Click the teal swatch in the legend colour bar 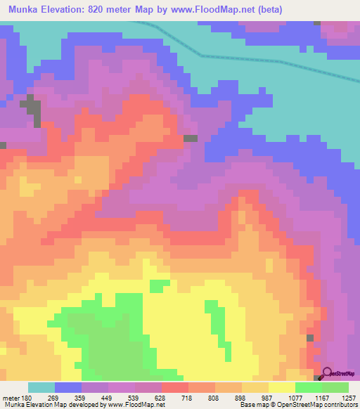point(41,387)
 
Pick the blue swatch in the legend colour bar point(68,387)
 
